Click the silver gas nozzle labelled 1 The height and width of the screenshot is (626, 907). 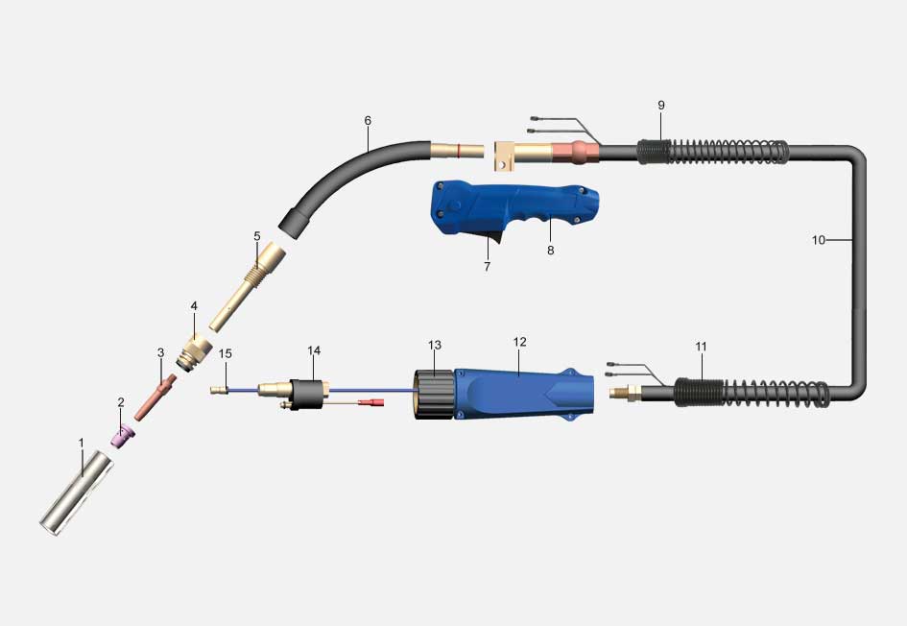tap(77, 494)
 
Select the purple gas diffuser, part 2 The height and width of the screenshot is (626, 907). tap(123, 437)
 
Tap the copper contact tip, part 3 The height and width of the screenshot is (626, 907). tap(155, 397)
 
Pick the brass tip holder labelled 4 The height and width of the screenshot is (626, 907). tap(194, 352)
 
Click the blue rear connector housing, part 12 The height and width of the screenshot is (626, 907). tap(523, 394)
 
